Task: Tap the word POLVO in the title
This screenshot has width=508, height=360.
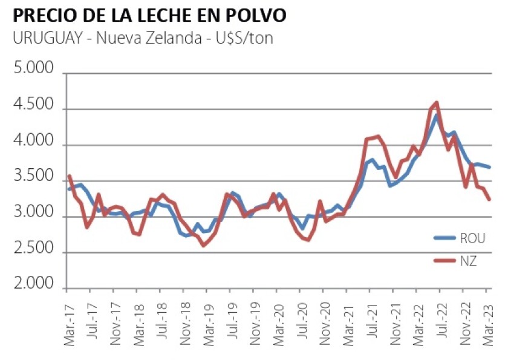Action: [248, 14]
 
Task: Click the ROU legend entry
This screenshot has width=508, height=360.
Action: [472, 237]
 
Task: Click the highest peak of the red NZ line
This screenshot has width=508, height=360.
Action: [436, 102]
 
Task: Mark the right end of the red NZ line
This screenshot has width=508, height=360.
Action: [489, 199]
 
